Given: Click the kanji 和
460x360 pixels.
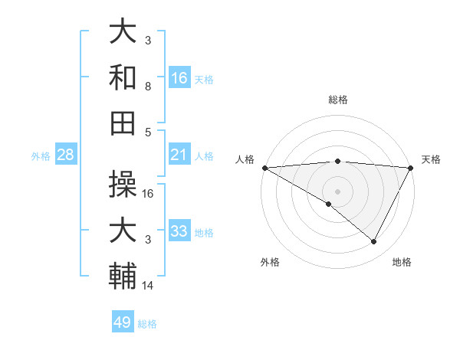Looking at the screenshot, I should click(x=123, y=77).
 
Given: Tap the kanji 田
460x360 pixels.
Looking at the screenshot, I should click(x=123, y=123).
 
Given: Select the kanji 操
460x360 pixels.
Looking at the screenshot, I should click(x=123, y=184).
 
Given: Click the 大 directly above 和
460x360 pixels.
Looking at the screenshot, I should click(x=123, y=32).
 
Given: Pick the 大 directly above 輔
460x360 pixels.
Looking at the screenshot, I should click(x=123, y=231).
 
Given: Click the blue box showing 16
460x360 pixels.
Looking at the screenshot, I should click(x=179, y=78).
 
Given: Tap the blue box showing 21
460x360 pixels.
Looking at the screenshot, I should click(x=179, y=155).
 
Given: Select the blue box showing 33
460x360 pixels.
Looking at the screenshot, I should click(x=179, y=231).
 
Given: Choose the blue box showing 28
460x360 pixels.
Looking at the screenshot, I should click(x=66, y=155).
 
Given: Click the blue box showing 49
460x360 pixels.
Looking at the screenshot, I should click(x=123, y=322).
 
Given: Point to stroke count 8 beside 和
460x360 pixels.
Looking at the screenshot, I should click(x=148, y=87).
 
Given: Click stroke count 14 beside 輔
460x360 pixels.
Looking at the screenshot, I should click(x=148, y=286).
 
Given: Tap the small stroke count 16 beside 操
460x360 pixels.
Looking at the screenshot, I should click(x=149, y=194).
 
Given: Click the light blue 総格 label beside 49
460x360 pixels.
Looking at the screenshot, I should click(x=147, y=324).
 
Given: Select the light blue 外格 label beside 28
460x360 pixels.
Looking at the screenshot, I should click(x=41, y=156).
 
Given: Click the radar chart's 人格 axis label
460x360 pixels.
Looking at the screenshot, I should click(x=245, y=159).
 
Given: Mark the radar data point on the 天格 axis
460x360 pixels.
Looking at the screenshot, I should click(x=412, y=168).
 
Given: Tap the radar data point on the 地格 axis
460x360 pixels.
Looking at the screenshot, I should click(x=374, y=242).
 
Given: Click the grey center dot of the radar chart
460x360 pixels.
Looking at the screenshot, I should click(x=337, y=190).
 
